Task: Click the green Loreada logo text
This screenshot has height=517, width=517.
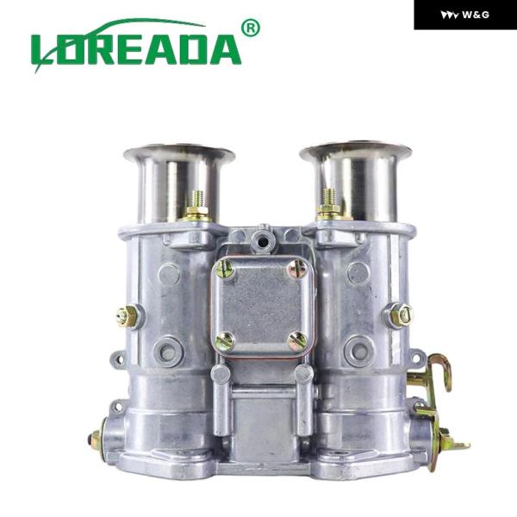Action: tap(136, 49)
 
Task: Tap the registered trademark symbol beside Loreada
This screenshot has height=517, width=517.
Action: tap(251, 28)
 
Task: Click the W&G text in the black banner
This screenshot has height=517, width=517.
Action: tap(476, 15)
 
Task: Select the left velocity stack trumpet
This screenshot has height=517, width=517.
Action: tap(179, 183)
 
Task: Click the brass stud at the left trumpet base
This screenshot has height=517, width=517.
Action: tap(197, 206)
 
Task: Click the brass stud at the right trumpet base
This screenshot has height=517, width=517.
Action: tap(329, 203)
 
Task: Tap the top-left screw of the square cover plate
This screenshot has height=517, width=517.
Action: tap(225, 269)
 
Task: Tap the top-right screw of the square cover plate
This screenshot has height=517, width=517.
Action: tap(297, 269)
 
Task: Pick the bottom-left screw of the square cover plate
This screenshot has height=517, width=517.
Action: tap(225, 341)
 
